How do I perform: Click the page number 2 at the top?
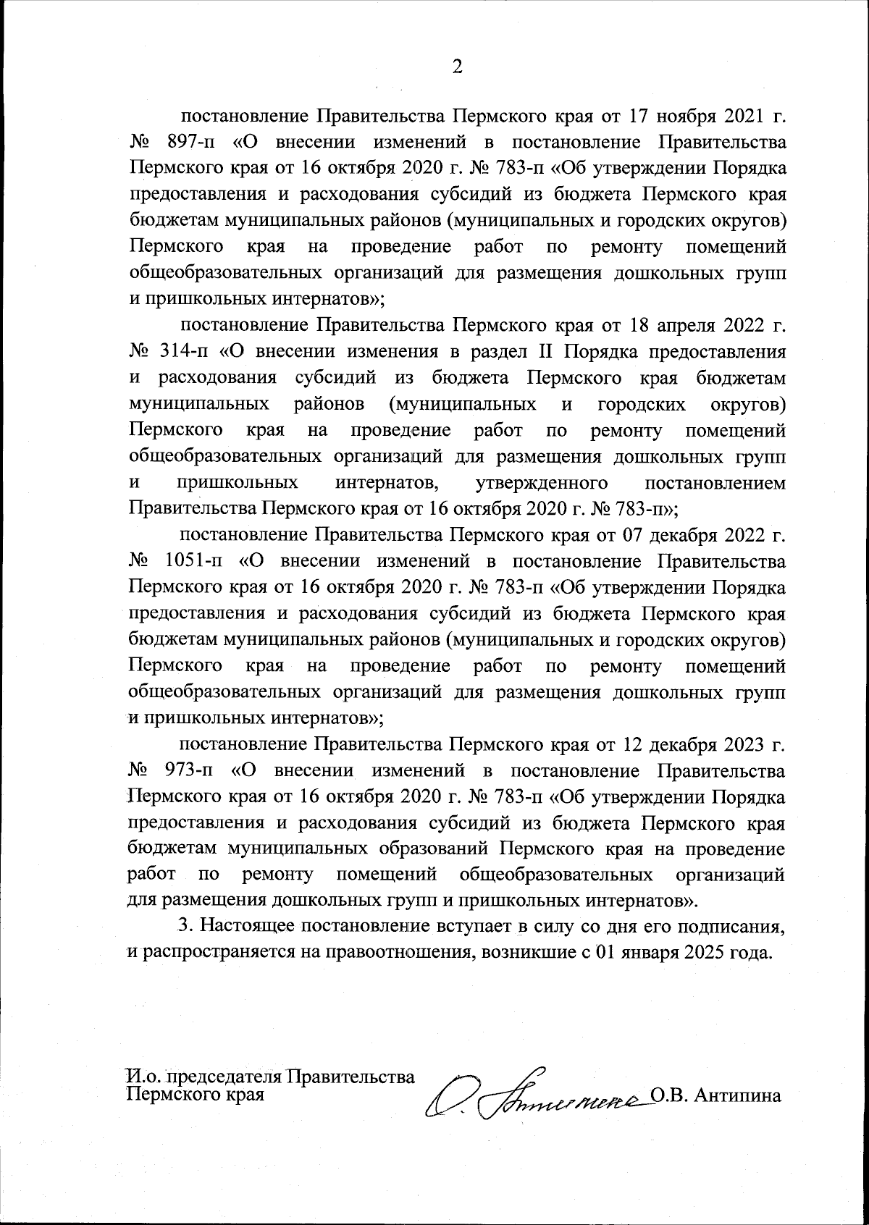[457, 67]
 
